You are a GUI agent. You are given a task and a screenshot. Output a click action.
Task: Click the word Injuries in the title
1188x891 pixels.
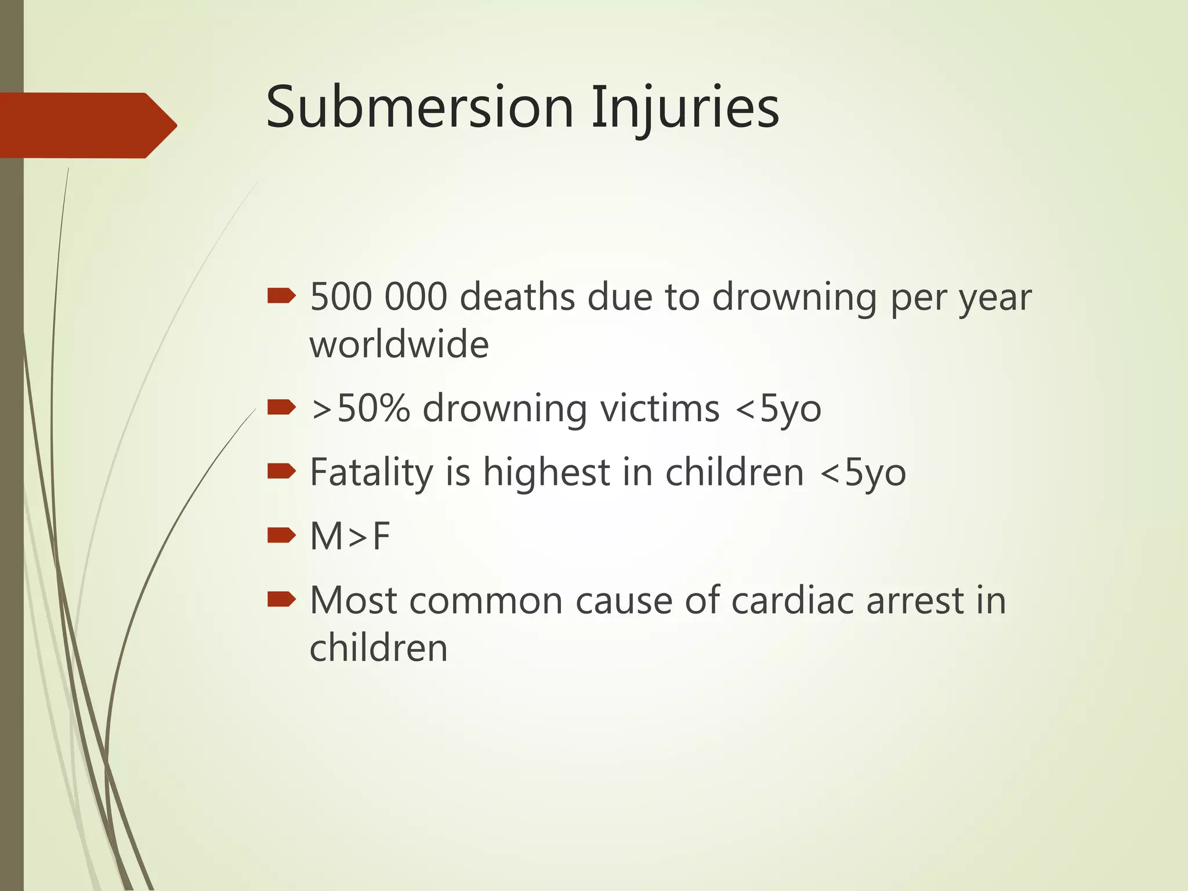685,108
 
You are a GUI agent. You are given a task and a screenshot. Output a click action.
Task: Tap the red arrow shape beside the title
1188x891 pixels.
87,125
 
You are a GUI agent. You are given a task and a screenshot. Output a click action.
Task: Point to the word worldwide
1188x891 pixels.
399,345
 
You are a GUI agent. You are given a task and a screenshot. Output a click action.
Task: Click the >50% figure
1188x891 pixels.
360,408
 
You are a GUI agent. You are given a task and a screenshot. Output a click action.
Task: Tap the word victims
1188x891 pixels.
660,408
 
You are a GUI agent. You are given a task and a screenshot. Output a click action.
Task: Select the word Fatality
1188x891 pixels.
371,473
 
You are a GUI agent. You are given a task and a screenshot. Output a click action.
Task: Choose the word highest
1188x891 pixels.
546,473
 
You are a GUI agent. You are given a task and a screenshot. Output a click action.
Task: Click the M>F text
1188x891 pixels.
350,536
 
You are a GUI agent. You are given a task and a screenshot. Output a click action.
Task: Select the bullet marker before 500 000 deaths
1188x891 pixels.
281,297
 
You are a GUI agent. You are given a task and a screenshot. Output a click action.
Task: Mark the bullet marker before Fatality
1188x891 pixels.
281,472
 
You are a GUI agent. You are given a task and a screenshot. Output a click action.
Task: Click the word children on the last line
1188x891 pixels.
378,647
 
